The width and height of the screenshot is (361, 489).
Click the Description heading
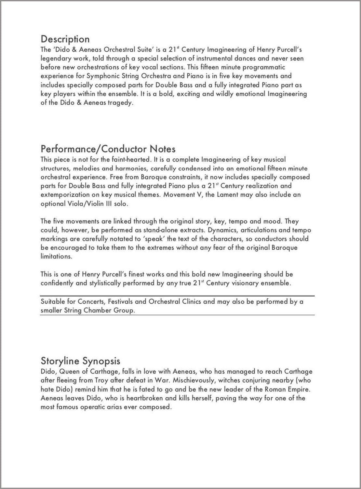65,39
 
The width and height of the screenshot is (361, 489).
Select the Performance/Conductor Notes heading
108,149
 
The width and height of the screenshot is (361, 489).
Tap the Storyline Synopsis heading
80,361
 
